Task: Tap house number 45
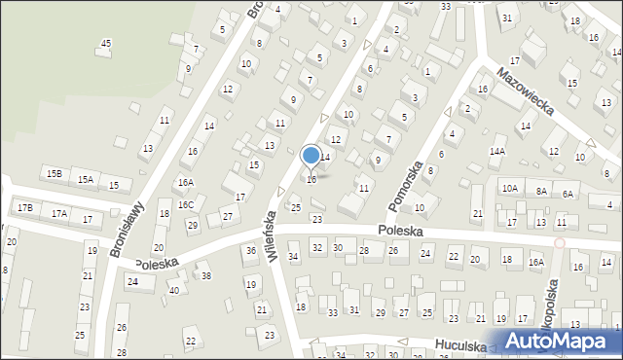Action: point(106,43)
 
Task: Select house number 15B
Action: point(55,173)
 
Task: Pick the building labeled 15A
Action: point(86,179)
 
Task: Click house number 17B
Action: point(24,207)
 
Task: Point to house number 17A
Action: point(59,213)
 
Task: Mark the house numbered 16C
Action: point(185,204)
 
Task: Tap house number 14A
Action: point(497,152)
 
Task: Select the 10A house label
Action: point(509,188)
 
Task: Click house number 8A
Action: point(541,192)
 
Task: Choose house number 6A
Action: point(568,194)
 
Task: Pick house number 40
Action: point(174,290)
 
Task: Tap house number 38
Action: point(206,276)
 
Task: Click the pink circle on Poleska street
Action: point(559,242)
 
